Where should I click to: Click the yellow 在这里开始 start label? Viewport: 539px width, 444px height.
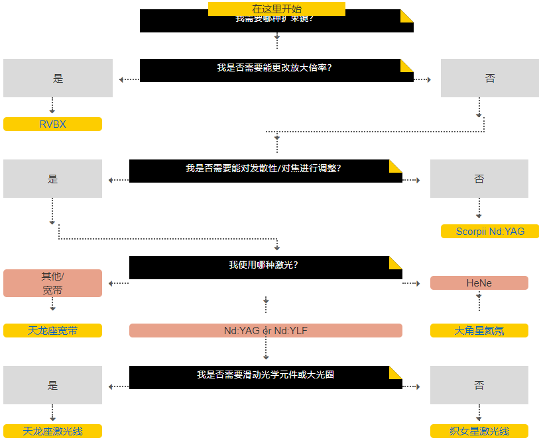click(276, 9)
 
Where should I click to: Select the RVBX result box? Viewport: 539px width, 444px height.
click(52, 124)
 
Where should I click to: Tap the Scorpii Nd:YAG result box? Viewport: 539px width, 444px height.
click(489, 231)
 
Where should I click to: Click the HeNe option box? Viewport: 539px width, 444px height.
click(479, 283)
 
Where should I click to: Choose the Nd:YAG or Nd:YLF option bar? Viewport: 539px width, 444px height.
click(265, 330)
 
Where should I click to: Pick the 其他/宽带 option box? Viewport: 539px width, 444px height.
click(52, 283)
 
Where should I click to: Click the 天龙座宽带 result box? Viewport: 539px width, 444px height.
click(52, 330)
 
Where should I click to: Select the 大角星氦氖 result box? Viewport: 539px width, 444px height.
click(479, 330)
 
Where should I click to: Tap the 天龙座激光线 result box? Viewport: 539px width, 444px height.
click(52, 431)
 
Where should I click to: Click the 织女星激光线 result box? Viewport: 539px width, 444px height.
click(479, 431)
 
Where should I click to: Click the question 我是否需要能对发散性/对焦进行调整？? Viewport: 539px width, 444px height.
click(263, 169)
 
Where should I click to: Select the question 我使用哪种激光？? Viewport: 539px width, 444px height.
click(263, 265)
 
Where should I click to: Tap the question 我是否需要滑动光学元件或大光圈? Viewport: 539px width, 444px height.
click(265, 375)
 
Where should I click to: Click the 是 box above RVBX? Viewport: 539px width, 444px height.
click(58, 78)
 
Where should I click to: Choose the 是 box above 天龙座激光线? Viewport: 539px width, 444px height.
click(52, 385)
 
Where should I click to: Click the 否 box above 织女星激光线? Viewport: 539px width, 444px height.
click(479, 385)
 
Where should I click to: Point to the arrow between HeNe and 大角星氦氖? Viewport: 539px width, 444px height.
click(479, 301)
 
